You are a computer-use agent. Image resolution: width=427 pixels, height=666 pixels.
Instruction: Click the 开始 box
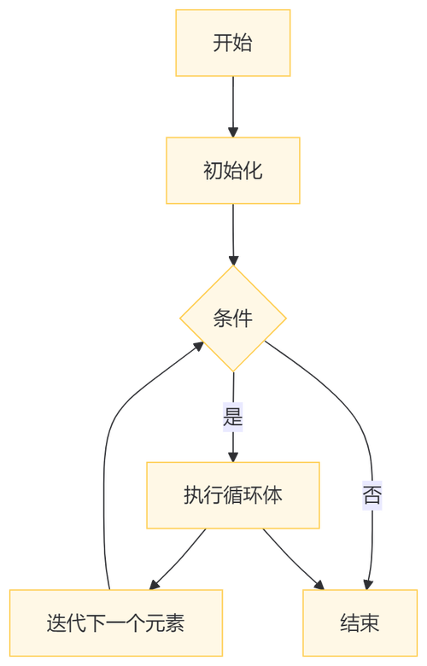coord(233,44)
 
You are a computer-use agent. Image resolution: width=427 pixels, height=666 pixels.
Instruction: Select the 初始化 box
coord(233,170)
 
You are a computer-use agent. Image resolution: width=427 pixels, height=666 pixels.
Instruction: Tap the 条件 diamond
coord(233,319)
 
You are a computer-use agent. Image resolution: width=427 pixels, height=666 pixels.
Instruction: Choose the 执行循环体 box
coord(233,495)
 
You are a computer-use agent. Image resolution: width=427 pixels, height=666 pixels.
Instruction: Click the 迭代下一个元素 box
coord(115,623)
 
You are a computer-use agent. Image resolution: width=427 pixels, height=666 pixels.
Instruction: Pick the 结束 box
coord(359,623)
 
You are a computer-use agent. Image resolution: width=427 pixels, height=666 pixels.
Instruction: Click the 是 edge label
coord(233,418)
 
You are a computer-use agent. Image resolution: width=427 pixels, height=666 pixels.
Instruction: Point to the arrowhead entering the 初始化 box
coord(233,131)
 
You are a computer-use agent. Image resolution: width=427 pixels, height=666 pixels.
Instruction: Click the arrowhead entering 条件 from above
coord(233,259)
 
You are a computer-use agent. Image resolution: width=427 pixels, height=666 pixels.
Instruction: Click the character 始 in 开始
coord(243,44)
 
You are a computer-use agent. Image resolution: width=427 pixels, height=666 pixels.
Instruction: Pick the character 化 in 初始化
coord(253,170)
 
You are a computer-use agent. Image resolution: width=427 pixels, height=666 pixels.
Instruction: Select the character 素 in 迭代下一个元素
coord(174,623)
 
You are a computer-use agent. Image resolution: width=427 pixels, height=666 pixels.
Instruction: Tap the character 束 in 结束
coord(369,623)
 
